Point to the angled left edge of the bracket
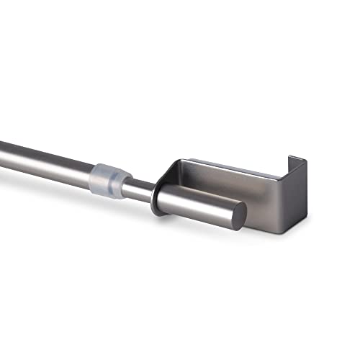pyautogui.click(x=161, y=176)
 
